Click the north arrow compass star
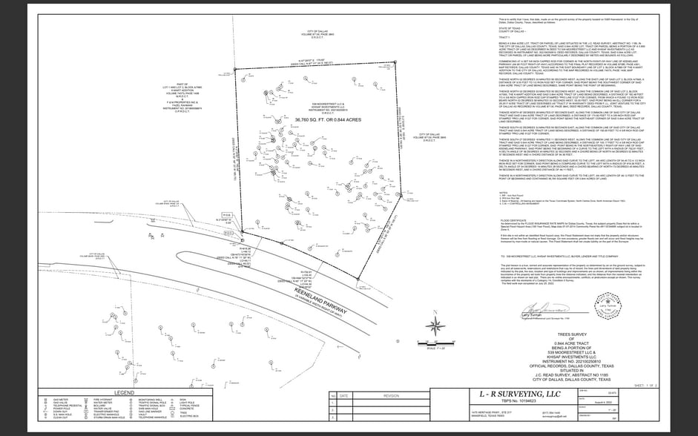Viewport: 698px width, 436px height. click(438, 324)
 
